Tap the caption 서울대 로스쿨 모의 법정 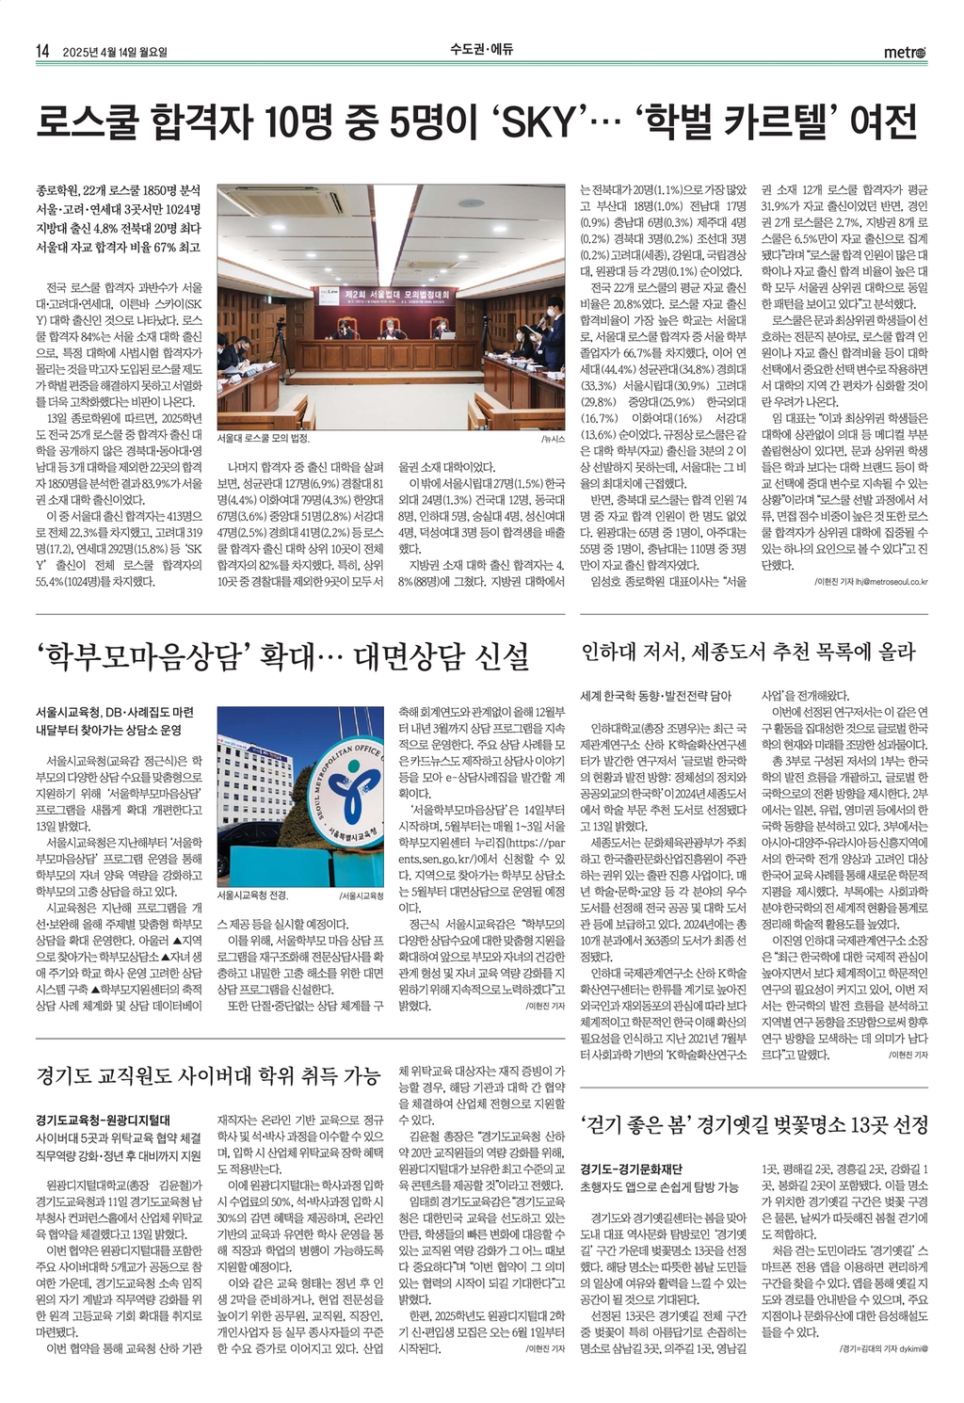263,439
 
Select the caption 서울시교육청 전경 252,894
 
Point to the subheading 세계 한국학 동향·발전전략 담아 655,696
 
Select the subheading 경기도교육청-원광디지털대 102,1121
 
